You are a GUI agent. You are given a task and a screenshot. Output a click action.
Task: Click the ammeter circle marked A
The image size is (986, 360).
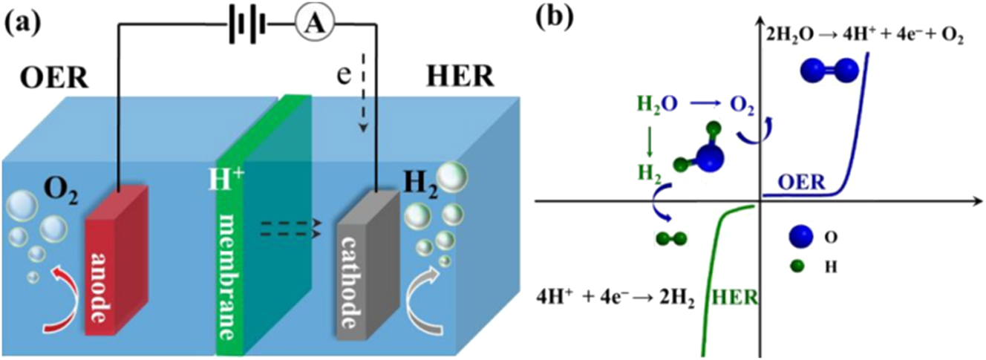click(312, 22)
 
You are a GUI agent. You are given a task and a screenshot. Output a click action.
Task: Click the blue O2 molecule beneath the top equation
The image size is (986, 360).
click(829, 71)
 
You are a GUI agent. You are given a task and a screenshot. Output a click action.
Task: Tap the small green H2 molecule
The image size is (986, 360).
click(671, 238)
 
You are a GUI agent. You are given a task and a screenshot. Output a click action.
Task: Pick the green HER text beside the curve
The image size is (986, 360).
click(734, 298)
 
